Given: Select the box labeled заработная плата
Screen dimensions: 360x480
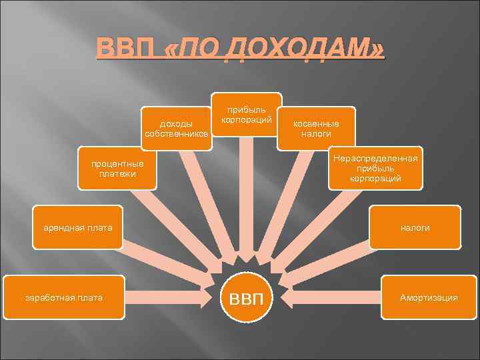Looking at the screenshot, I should click(63, 297).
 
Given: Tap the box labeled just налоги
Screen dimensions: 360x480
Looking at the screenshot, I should click(415, 227).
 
